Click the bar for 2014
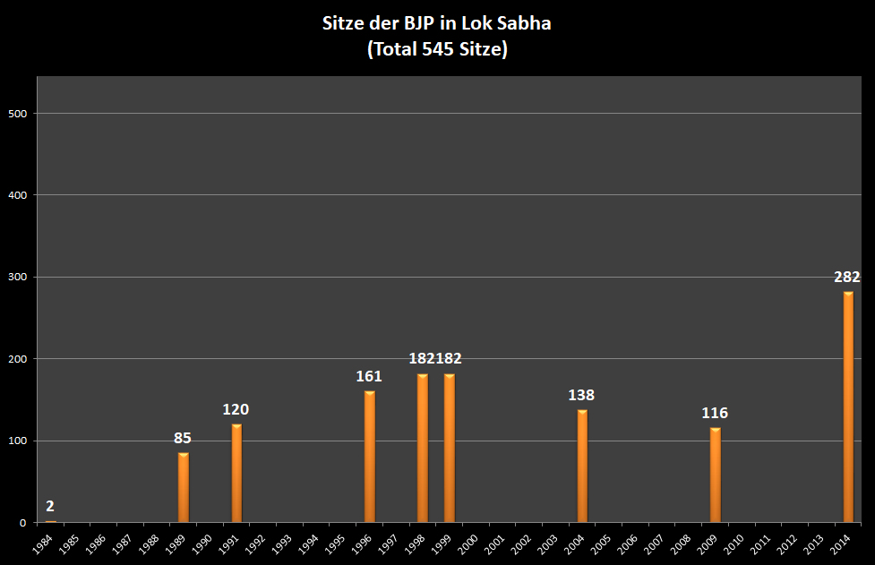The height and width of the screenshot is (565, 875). (848, 407)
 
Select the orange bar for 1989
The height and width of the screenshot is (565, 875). (184, 488)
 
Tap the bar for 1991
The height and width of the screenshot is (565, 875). (236, 474)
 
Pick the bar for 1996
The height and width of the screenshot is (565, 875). (370, 457)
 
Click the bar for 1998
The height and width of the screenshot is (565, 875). (423, 448)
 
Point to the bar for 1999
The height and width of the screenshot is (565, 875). (450, 448)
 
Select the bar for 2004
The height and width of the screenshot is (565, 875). (582, 467)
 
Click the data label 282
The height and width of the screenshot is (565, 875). (847, 277)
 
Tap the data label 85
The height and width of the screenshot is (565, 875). (183, 439)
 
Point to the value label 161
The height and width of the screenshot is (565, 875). (369, 376)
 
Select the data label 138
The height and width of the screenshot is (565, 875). (581, 395)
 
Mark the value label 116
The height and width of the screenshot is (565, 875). (715, 413)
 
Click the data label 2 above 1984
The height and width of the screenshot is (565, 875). (50, 506)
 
